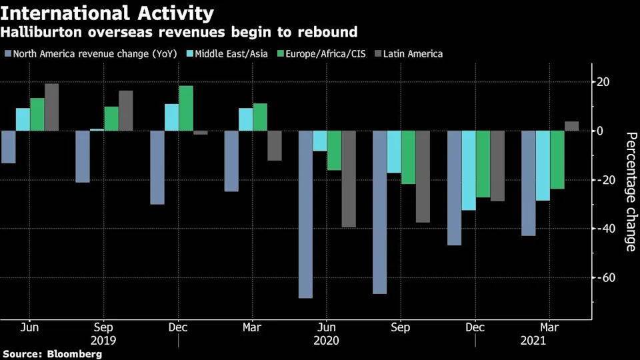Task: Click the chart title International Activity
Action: pyautogui.click(x=108, y=13)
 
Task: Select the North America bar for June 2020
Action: pyautogui.click(x=305, y=214)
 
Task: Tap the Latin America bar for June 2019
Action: pyautogui.click(x=51, y=107)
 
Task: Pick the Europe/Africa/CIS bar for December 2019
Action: pyautogui.click(x=186, y=108)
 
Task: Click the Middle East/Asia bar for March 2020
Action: pyautogui.click(x=246, y=119)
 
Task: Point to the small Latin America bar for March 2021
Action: pyautogui.click(x=571, y=126)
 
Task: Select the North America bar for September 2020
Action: pyautogui.click(x=379, y=212)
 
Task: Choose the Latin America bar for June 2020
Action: pyautogui.click(x=349, y=179)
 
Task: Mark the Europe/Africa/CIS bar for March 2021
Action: pyautogui.click(x=557, y=159)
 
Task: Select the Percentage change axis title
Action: pyautogui.click(x=630, y=191)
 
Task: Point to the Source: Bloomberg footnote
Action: pyautogui.click(x=53, y=354)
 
